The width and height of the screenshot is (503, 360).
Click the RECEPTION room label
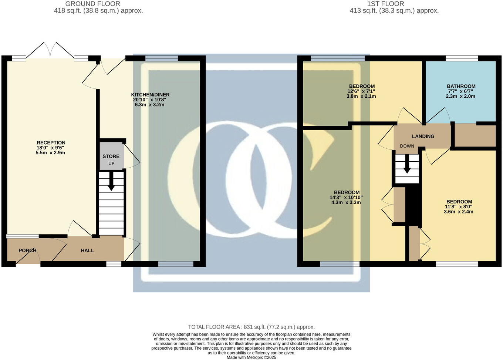(51, 143)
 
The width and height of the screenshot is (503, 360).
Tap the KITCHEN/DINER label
(150, 95)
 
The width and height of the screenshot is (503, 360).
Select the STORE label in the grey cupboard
(111, 157)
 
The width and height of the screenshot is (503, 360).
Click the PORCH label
(27, 250)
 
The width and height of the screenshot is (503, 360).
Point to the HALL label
(87, 250)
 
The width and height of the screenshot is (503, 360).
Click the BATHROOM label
(461, 86)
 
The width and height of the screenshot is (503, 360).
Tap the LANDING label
(423, 136)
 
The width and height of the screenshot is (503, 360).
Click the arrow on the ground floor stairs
(111, 184)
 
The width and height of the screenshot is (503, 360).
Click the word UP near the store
(111, 164)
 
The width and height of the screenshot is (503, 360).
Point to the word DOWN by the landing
(407, 146)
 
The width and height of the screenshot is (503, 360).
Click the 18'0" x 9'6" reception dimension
(51, 148)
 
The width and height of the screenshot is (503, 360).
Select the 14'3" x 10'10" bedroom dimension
(346, 198)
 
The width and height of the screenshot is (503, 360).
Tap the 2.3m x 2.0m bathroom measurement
(460, 96)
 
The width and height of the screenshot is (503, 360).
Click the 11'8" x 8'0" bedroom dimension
(459, 207)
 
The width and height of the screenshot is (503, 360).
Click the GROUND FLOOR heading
(92, 4)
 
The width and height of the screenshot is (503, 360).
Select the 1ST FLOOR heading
(385, 4)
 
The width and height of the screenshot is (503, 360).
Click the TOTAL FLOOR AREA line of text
(251, 327)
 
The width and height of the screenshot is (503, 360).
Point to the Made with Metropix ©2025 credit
(251, 357)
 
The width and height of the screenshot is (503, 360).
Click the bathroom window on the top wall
(462, 58)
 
